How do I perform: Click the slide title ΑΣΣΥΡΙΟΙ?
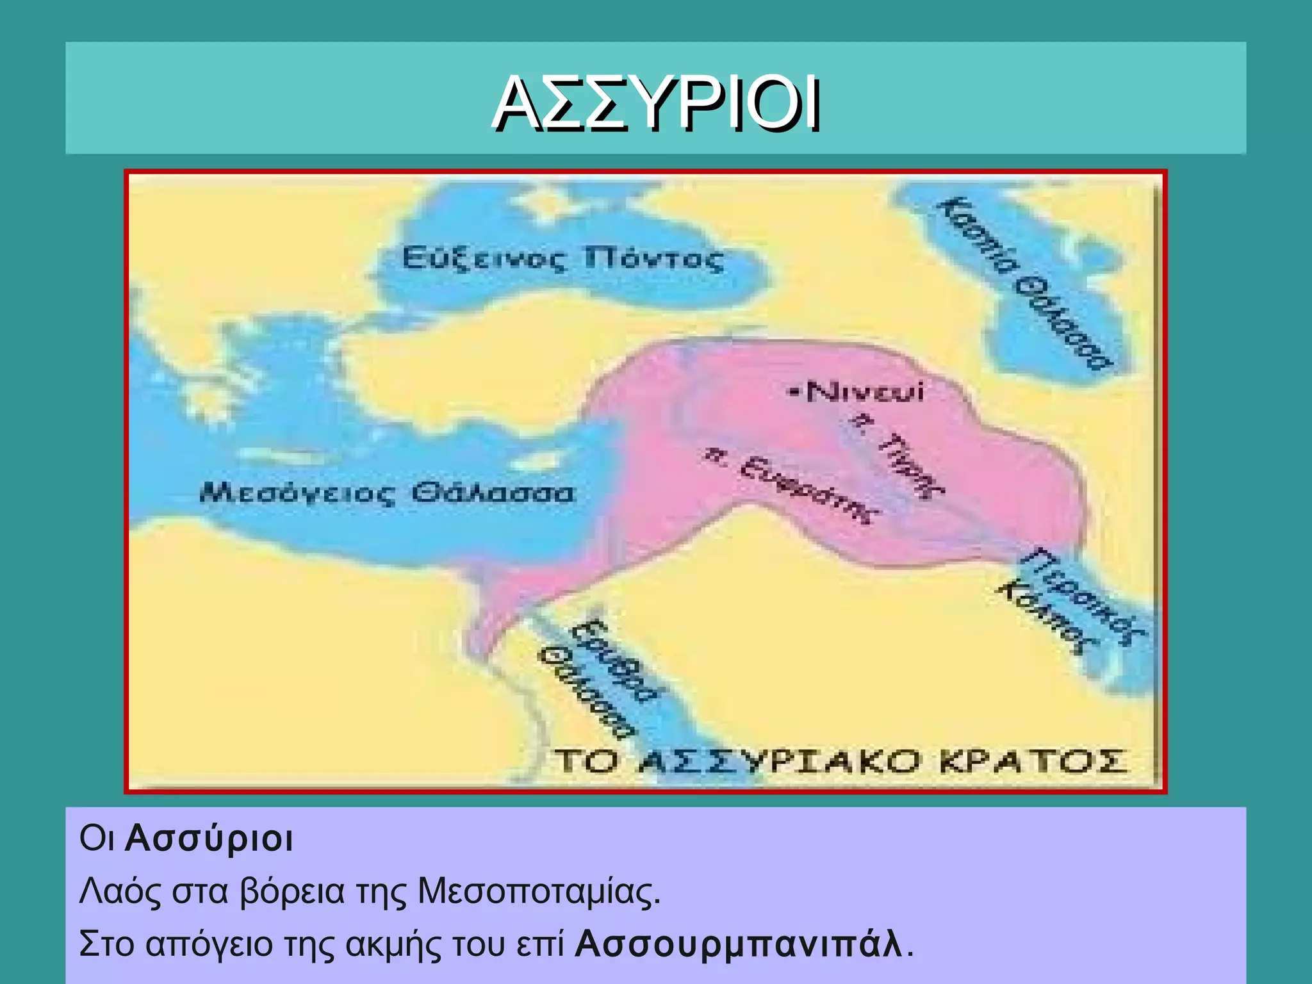(x=655, y=104)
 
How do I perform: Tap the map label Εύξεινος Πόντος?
(x=562, y=259)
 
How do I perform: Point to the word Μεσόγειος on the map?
(x=298, y=493)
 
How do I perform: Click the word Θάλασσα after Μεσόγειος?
(x=493, y=493)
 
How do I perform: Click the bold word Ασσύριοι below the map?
(x=209, y=839)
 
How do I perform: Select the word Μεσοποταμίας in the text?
(x=538, y=891)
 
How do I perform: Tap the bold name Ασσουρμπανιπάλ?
(x=739, y=944)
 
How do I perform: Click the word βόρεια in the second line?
(x=292, y=891)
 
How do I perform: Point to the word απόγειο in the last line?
(x=209, y=945)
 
